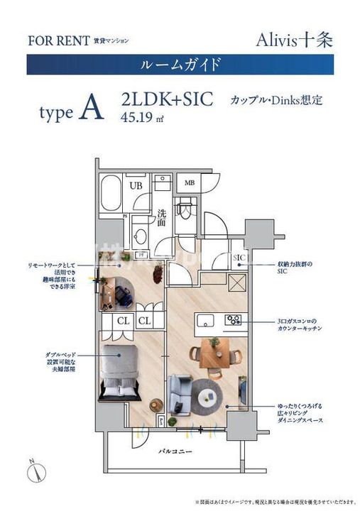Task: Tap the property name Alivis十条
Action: [x=295, y=39]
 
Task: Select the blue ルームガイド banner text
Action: [x=179, y=65]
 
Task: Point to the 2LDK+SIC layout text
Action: [x=167, y=99]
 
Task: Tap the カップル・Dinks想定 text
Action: [x=276, y=99]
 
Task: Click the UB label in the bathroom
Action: [x=136, y=186]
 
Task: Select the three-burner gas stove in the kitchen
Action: [x=234, y=319]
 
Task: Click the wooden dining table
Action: [x=214, y=349]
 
